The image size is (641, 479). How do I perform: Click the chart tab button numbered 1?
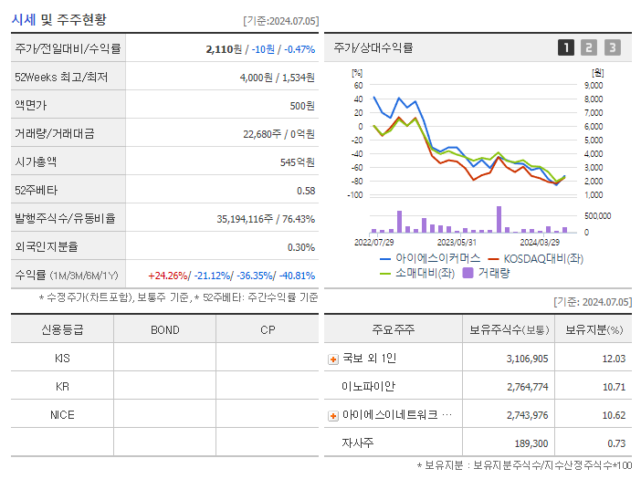tap(566, 47)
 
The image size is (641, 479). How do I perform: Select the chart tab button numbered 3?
tap(612, 47)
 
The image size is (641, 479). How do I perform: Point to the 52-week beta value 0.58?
tap(306, 190)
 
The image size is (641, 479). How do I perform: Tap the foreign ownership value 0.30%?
tap(301, 246)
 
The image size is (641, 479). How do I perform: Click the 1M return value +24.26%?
tap(169, 275)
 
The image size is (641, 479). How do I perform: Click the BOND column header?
tap(164, 329)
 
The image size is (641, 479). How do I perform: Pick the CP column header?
tap(268, 329)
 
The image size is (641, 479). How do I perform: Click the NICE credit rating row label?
tap(62, 414)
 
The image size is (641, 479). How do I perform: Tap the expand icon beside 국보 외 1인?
tap(332, 359)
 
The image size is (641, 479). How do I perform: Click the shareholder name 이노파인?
tap(368, 386)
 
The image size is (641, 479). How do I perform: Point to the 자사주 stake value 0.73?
tap(615, 443)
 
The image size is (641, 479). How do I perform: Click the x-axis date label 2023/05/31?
tap(457, 242)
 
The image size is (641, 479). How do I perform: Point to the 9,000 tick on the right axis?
tap(593, 85)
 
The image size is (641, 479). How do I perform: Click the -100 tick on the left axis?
tap(356, 194)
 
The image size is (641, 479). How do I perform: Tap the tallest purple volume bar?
tap(499, 219)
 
